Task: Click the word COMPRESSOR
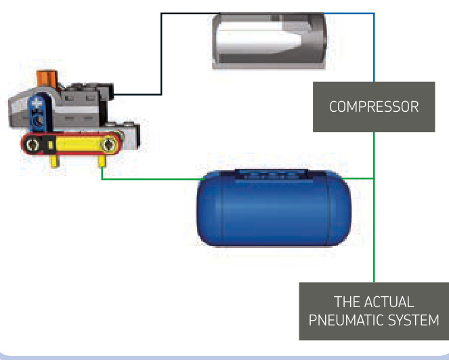(x=374, y=106)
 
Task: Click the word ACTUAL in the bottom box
(x=389, y=302)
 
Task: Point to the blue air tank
(x=274, y=208)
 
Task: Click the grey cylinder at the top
(x=269, y=41)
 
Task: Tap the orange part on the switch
(x=47, y=78)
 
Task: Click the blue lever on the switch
(x=39, y=113)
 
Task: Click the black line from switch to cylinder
(x=161, y=54)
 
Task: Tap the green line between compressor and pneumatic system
(x=374, y=207)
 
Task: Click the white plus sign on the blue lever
(x=37, y=103)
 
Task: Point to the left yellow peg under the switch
(x=55, y=161)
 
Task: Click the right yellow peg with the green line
(x=102, y=161)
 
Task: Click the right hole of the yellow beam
(x=109, y=144)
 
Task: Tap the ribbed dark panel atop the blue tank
(x=272, y=174)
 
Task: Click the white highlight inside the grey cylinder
(x=258, y=40)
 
